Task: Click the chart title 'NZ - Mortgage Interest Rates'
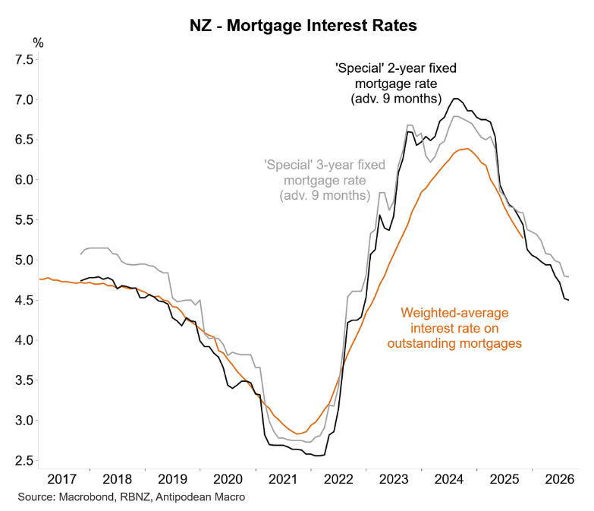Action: (x=303, y=26)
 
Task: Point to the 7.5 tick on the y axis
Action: (x=20, y=60)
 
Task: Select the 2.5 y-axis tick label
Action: (x=20, y=460)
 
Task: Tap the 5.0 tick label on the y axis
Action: (x=20, y=260)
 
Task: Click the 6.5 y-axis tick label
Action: (x=20, y=140)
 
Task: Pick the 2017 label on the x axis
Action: (x=64, y=480)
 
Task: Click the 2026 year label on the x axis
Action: (x=558, y=480)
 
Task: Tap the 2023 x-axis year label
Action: (x=394, y=480)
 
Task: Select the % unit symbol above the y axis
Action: (x=38, y=43)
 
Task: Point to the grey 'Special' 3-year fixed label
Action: (x=325, y=165)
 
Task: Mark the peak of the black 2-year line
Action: (x=456, y=98)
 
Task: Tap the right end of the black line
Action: (x=569, y=300)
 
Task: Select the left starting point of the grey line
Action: (x=80, y=254)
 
